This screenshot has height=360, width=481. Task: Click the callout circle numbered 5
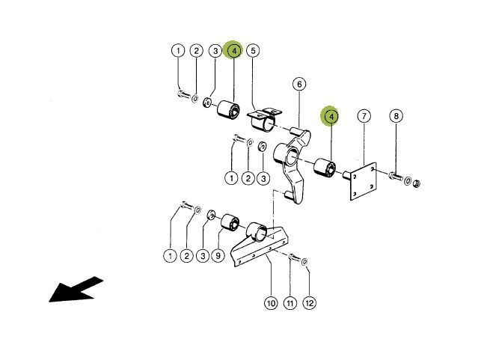tap(253, 51)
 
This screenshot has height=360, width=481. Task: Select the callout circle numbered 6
tap(299, 84)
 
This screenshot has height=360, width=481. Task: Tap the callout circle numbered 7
tap(364, 116)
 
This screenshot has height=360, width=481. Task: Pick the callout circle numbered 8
tap(396, 116)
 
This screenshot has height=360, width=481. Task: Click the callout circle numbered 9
tap(218, 255)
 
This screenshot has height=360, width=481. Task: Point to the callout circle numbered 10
tap(271, 303)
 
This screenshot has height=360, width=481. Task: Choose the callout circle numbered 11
tap(290, 303)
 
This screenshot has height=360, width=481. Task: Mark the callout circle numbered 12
tap(309, 303)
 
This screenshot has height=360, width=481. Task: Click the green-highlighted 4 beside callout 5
tap(234, 50)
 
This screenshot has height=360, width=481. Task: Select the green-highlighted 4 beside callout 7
tap(331, 116)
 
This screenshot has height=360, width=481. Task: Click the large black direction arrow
tap(76, 290)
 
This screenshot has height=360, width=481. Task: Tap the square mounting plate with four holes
tap(364, 181)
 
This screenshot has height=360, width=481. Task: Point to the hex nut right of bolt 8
tap(416, 183)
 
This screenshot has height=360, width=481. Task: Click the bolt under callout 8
tap(396, 176)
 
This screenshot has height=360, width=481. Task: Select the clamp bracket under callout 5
tap(263, 119)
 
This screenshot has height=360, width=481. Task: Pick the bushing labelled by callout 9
tap(230, 222)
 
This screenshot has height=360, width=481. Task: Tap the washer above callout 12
tap(304, 262)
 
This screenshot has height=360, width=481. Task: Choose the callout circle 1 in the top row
tap(178, 50)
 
